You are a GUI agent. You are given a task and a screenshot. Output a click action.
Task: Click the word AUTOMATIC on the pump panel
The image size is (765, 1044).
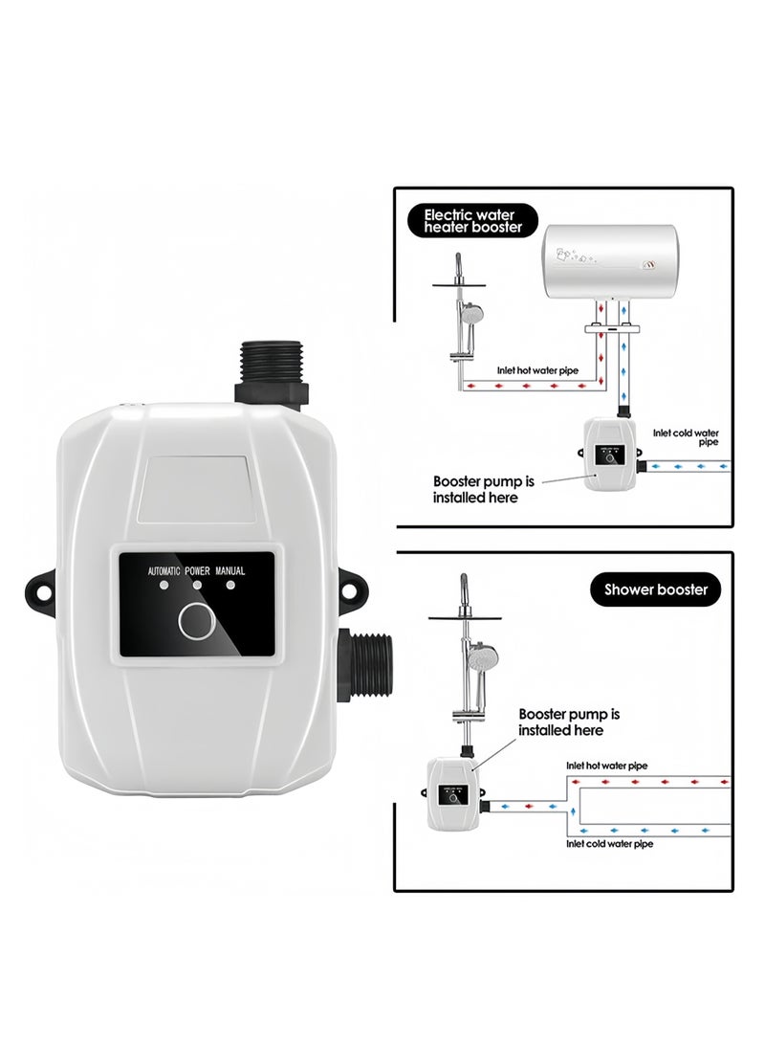(164, 570)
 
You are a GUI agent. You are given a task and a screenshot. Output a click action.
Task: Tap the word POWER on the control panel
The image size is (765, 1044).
(198, 570)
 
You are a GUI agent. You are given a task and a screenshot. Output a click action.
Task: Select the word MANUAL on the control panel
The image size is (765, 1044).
(230, 570)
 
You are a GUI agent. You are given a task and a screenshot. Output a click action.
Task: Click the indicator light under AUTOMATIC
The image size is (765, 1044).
(164, 586)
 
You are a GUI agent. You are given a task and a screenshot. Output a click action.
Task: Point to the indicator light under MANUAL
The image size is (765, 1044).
(230, 586)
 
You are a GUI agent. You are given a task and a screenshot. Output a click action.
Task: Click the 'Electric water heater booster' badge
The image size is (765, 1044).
(473, 220)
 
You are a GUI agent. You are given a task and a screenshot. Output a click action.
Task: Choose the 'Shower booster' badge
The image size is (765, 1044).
(655, 589)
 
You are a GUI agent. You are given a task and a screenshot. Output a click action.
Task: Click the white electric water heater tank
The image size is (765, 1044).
(611, 261)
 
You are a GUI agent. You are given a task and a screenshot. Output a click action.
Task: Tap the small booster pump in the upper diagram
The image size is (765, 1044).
(610, 454)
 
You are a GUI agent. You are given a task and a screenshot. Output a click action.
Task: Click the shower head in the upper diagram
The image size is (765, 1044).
(471, 313)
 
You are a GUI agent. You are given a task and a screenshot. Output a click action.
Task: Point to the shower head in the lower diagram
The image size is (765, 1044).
(480, 659)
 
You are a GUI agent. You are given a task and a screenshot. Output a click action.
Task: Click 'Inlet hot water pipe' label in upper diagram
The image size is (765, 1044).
(537, 370)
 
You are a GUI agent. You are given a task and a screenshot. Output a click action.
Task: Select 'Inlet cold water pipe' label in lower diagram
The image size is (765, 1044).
(609, 844)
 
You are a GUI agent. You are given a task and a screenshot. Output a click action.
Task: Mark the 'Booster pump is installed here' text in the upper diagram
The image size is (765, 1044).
(484, 489)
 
